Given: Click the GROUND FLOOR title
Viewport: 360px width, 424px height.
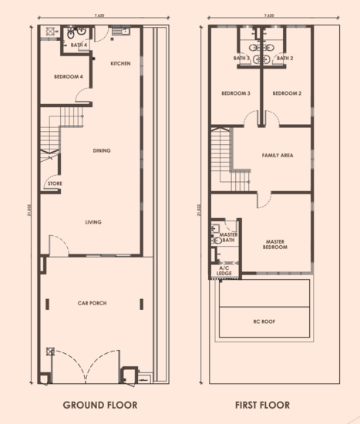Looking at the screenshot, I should click(99, 405).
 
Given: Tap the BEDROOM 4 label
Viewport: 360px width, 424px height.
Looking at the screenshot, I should click(68, 77).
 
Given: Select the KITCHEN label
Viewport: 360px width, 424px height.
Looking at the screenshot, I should click(121, 63).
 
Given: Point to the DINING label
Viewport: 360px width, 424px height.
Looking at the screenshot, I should click(101, 150).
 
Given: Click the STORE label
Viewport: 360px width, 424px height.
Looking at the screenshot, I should click(55, 183).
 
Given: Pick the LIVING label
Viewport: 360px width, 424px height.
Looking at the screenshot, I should click(93, 222).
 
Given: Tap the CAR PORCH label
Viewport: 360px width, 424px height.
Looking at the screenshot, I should click(92, 303).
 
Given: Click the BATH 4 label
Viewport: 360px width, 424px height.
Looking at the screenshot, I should click(79, 45).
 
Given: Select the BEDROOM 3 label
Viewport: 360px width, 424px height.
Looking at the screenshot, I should click(235, 93).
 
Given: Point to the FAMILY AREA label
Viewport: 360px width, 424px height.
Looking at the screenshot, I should click(277, 155).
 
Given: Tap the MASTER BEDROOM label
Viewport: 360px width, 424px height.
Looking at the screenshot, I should click(275, 244).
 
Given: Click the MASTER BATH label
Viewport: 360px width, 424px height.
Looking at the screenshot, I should click(227, 237).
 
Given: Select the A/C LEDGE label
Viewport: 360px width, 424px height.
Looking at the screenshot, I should click(224, 270).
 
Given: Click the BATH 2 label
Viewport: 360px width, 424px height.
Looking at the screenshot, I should click(284, 58).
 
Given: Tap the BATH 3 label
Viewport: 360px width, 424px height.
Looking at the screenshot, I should click(242, 58).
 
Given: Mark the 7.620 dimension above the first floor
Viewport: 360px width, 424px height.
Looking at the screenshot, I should click(267, 15).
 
